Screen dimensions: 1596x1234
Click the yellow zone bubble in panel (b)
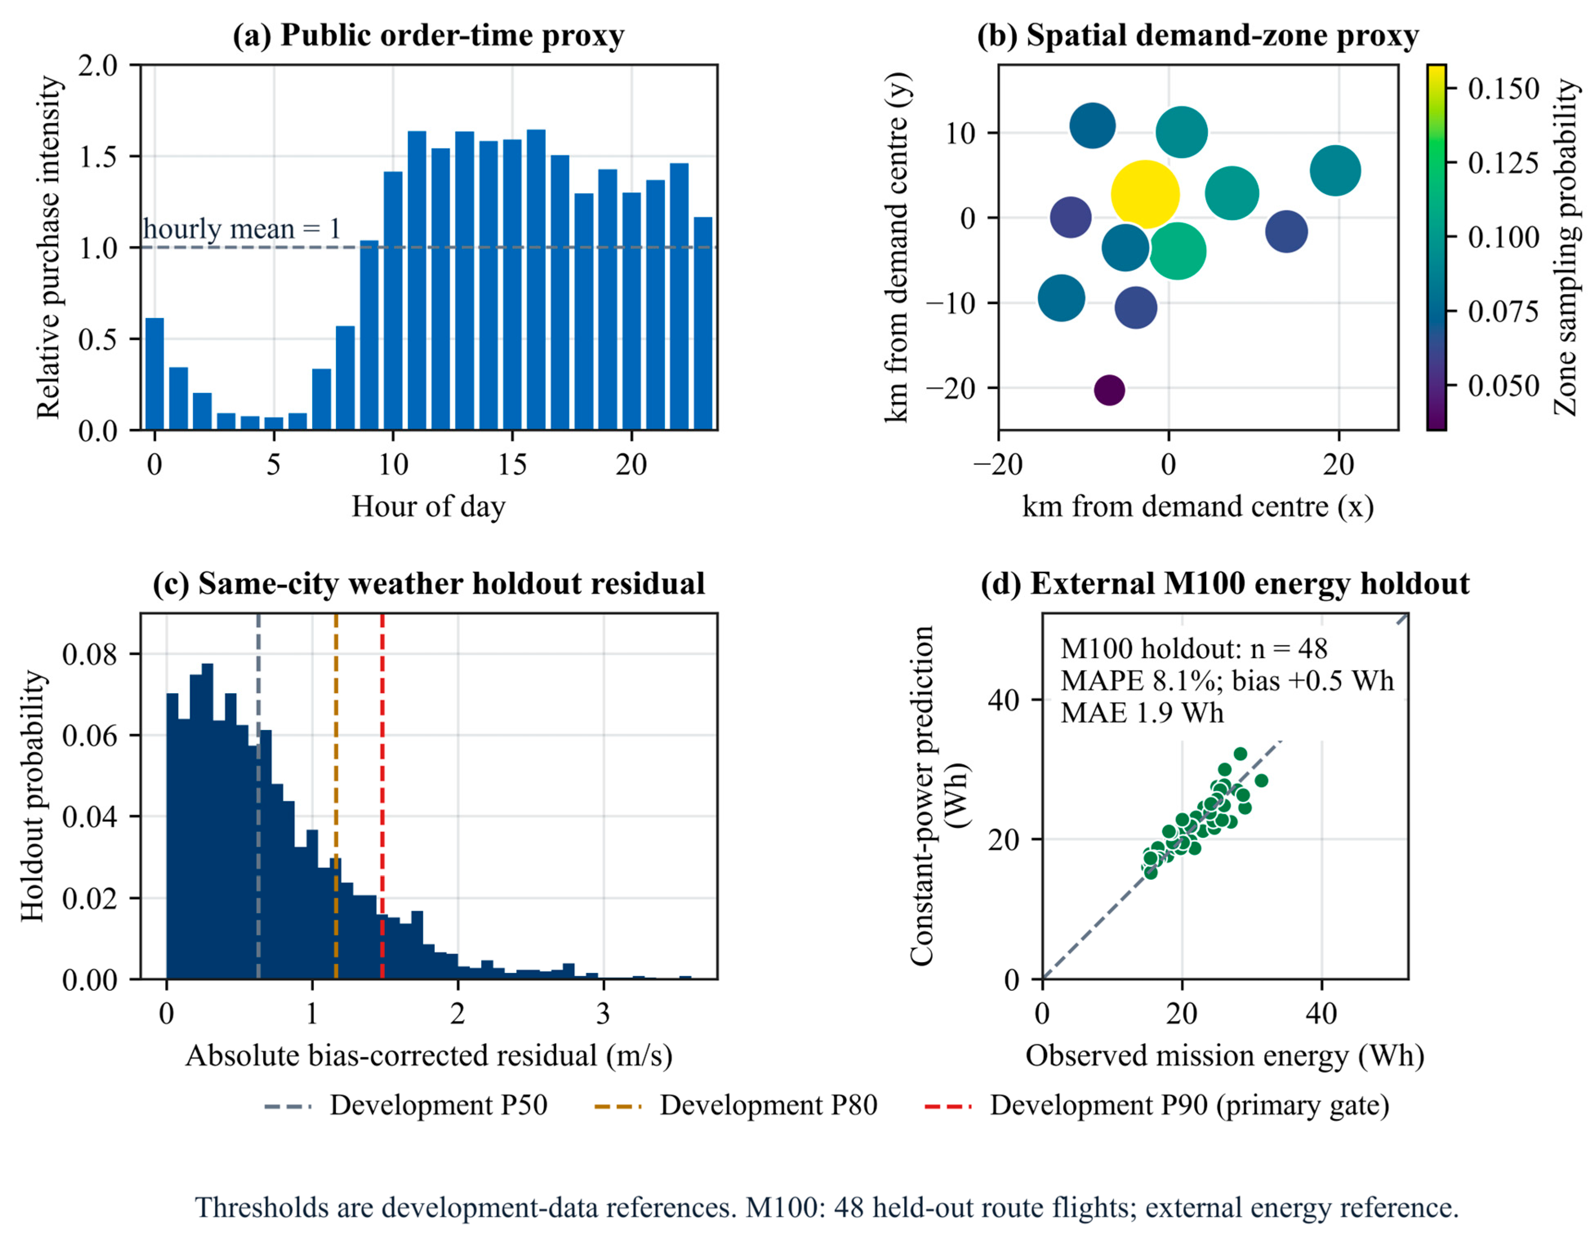pos(1145,194)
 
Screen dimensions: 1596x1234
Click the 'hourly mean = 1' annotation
pos(242,229)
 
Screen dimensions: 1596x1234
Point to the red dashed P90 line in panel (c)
pos(382,797)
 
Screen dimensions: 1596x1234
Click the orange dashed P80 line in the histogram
pos(336,797)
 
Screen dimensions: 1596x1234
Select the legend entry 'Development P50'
pos(406,1105)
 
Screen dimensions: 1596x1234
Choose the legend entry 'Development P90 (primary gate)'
pos(1156,1105)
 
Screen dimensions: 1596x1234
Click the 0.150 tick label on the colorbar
pos(1504,89)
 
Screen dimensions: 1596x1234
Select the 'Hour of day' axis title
pos(428,506)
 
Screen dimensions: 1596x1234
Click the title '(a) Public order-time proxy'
pos(428,35)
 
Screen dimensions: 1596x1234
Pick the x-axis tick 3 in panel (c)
pos(603,1014)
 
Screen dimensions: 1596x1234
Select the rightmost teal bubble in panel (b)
pos(1335,170)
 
